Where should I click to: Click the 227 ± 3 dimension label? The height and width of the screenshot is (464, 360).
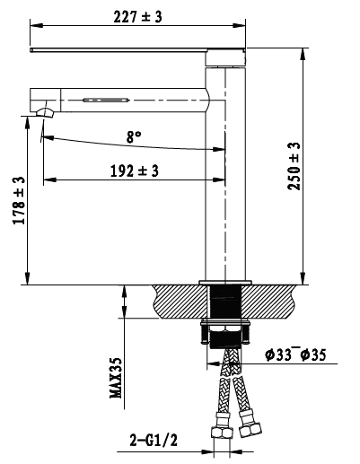click(x=137, y=17)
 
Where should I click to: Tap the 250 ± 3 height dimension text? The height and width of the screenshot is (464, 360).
click(x=294, y=166)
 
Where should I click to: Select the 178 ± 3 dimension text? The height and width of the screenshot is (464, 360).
click(x=19, y=200)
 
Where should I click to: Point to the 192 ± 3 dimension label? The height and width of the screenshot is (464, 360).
click(x=135, y=171)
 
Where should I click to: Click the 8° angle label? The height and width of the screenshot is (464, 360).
click(x=134, y=137)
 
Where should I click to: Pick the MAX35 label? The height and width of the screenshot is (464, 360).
click(x=116, y=378)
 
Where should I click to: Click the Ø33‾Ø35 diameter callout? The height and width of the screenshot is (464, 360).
click(x=295, y=355)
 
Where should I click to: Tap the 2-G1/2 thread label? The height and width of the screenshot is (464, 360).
click(x=154, y=441)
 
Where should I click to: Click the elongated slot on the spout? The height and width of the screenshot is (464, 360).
click(x=106, y=100)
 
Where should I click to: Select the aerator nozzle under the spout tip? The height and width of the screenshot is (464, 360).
click(x=45, y=112)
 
